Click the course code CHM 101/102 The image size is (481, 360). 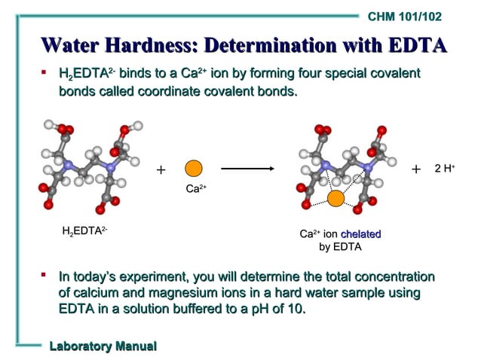405,16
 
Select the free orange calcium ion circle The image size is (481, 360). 195,169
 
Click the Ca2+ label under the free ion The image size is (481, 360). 195,190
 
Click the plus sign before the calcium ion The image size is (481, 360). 160,170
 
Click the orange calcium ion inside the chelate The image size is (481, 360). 335,198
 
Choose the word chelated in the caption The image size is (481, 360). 360,234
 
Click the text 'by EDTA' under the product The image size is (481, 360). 341,246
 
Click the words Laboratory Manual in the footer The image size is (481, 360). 103,346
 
